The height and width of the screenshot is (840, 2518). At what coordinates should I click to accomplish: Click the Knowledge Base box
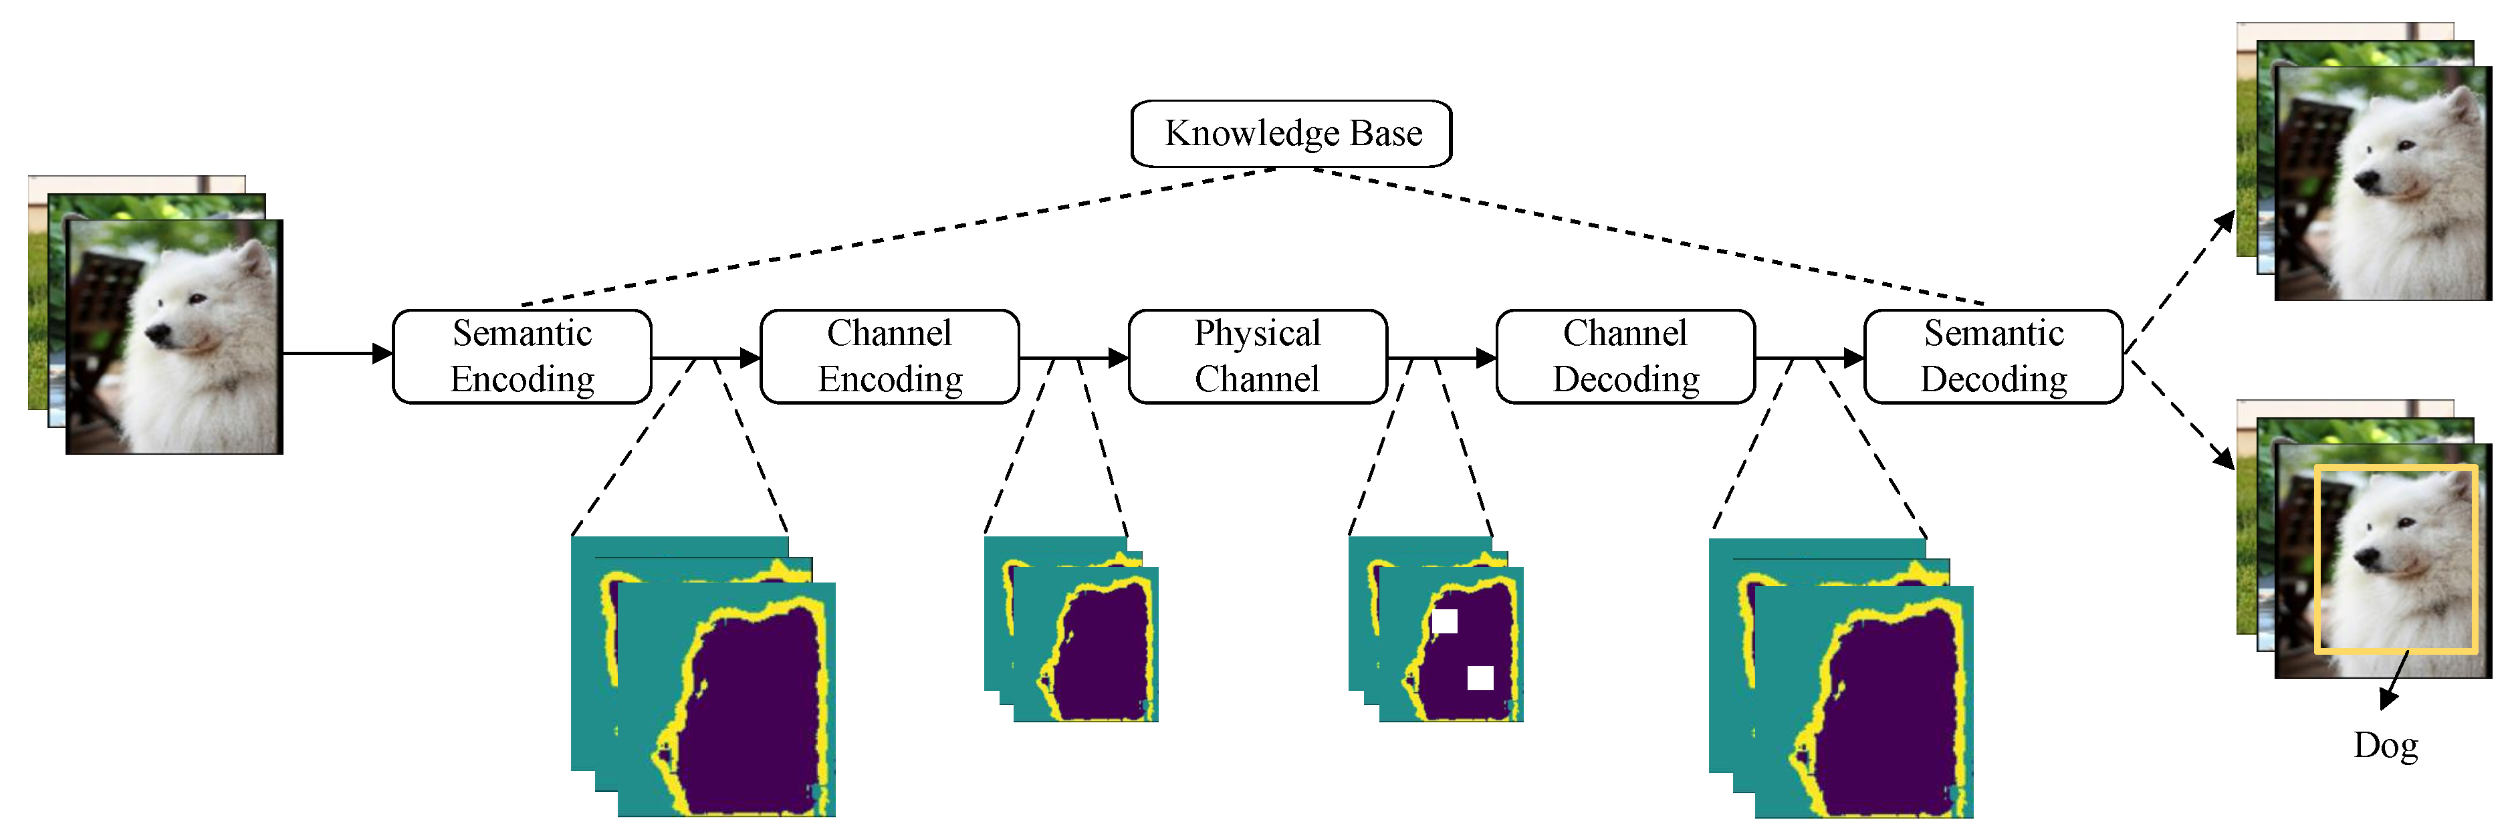click(1290, 134)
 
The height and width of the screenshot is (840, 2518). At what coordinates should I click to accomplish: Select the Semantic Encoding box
click(522, 356)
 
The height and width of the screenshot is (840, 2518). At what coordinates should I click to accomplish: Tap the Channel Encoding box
click(889, 356)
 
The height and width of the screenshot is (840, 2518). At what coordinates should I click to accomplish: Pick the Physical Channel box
click(1257, 356)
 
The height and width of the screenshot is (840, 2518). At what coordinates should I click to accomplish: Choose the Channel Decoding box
click(1625, 356)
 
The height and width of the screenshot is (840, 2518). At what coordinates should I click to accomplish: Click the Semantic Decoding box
click(1993, 356)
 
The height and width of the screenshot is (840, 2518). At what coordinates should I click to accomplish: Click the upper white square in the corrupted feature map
click(1445, 621)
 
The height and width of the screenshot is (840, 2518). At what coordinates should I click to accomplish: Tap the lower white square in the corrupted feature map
click(1480, 677)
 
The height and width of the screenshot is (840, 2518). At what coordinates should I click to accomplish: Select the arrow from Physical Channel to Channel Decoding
click(1442, 358)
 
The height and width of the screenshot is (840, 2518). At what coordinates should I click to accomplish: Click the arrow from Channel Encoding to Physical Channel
click(1073, 358)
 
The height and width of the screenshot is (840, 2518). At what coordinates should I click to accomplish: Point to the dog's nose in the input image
click(156, 334)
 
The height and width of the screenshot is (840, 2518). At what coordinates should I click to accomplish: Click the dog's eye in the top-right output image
click(2406, 146)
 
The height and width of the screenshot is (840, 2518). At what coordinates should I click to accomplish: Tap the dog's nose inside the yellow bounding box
click(2366, 557)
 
